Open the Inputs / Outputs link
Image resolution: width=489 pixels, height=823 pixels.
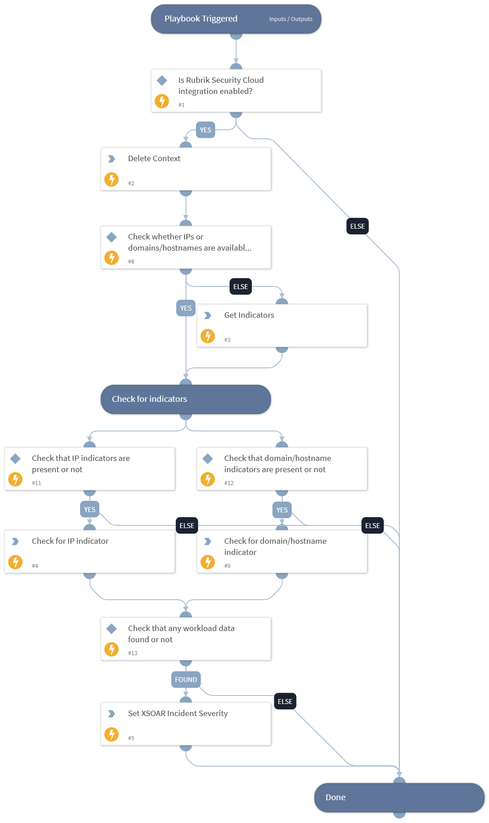[290, 19]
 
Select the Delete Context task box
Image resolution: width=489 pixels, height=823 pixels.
[186, 169]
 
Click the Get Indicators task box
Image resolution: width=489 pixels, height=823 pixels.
[282, 326]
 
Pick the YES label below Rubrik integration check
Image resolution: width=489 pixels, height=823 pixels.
[205, 130]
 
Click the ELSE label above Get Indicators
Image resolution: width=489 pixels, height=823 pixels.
[241, 287]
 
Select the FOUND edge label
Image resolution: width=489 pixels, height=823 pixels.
[186, 680]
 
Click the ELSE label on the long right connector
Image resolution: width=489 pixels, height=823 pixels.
[357, 226]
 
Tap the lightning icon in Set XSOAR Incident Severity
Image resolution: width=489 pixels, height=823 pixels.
[111, 734]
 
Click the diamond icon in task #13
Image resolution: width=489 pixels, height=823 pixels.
[111, 629]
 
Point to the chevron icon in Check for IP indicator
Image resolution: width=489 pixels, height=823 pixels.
[15, 542]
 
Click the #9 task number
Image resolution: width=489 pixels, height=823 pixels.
[227, 566]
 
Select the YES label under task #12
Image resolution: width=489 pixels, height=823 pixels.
[282, 510]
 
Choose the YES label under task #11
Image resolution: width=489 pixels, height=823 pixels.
[89, 510]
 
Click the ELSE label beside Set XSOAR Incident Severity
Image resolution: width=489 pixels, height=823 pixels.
[285, 702]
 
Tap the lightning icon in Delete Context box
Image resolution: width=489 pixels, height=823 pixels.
[111, 179]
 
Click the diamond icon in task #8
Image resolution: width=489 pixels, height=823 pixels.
[111, 237]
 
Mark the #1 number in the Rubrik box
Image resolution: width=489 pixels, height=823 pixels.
[181, 105]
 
